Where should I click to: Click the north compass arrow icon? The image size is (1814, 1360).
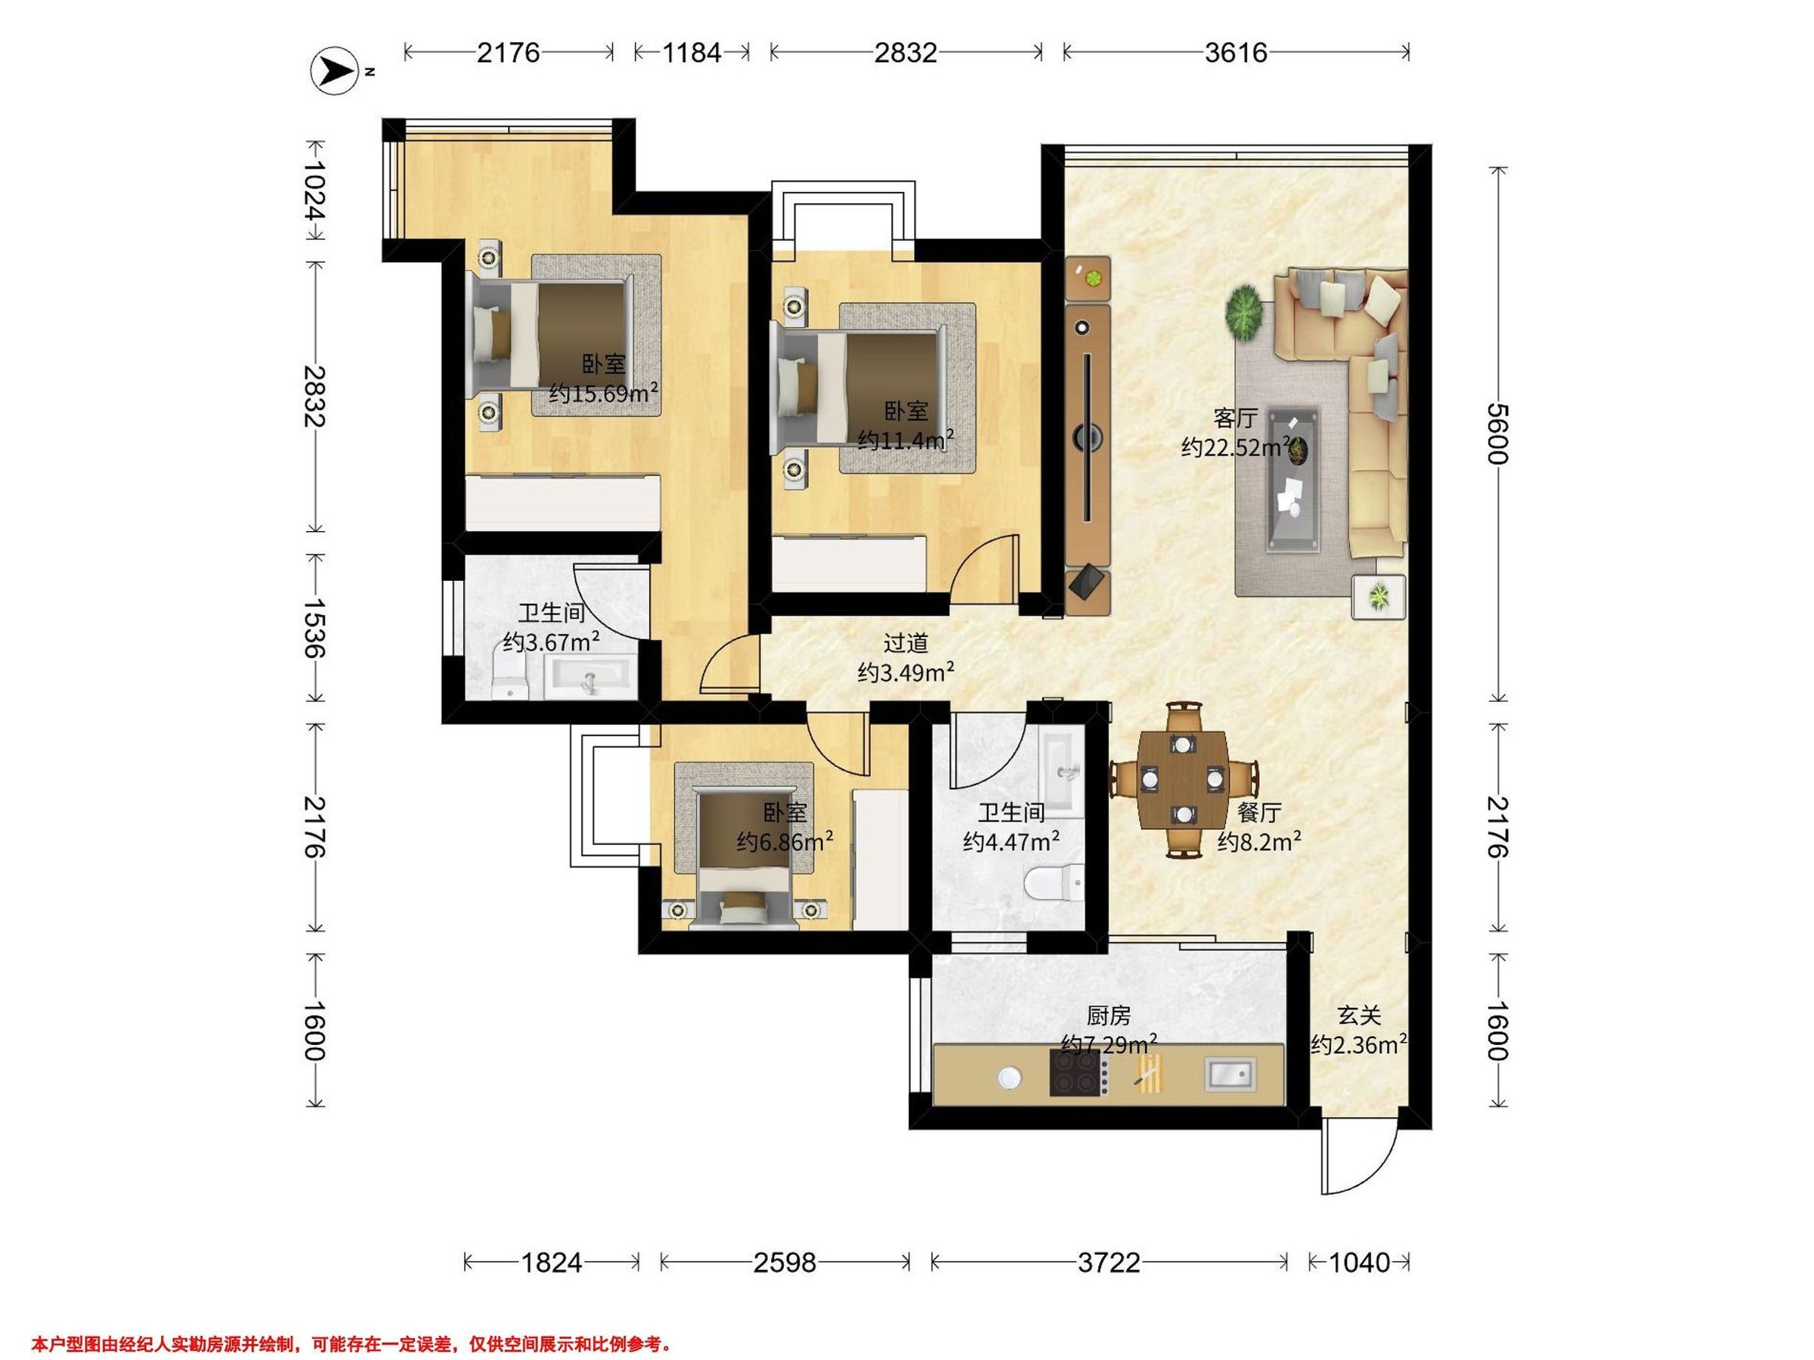pos(333,71)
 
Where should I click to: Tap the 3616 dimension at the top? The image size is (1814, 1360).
pos(1236,52)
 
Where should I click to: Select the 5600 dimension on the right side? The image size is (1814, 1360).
pos(1497,434)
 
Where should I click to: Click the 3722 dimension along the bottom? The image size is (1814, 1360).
pos(1109,1263)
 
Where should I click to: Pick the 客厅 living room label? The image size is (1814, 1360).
pos(1236,418)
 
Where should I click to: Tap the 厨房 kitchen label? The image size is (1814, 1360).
pos(1109,1015)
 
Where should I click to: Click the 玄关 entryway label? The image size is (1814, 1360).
pos(1359,1015)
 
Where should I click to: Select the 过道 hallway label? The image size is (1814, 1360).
pos(905,644)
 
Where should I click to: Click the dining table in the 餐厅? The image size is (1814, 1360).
pos(1181,780)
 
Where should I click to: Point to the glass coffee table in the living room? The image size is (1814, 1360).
pos(1294,480)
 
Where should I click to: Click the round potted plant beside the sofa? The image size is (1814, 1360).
pos(1246,314)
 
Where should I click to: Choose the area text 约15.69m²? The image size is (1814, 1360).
pos(605,393)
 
